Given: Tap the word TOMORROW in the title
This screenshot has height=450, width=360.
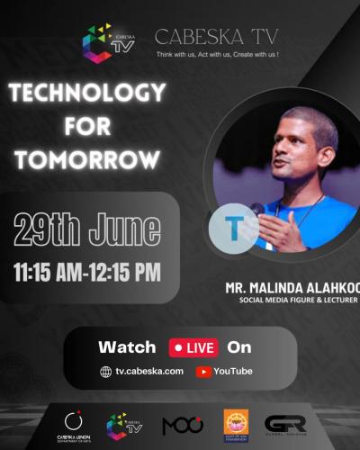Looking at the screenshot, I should coord(87,160).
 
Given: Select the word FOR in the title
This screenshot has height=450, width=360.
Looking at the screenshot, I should coord(87,126).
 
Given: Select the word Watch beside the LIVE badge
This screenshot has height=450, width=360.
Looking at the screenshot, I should coord(127,347).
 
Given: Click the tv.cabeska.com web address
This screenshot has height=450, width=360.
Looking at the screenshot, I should coord(149,371).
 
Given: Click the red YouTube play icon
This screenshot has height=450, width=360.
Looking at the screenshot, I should coord(203,371).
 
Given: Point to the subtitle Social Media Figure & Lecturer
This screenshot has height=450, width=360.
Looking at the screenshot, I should coord(298,300).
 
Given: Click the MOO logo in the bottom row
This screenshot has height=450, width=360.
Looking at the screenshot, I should coord(183,425).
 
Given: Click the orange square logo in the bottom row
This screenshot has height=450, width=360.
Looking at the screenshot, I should coord(236,424).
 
